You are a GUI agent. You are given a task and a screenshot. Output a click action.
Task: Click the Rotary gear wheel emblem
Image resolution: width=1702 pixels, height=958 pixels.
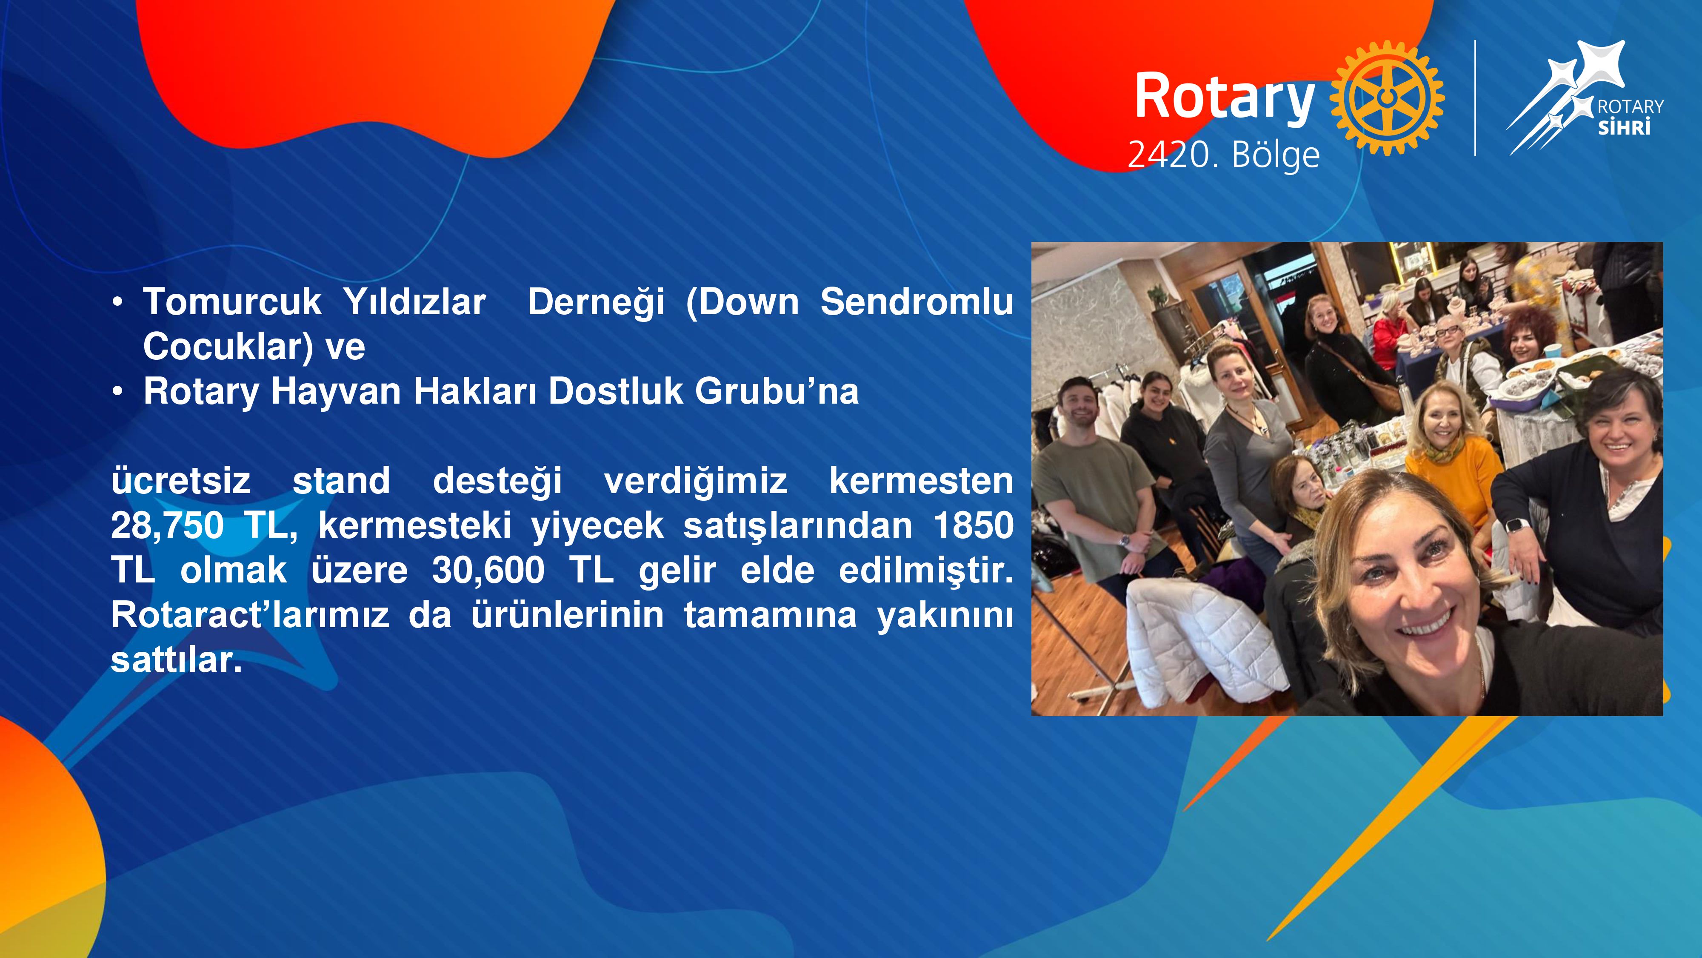click(1387, 98)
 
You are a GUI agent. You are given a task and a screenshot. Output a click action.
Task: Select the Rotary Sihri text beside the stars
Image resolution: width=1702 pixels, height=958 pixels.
click(1630, 117)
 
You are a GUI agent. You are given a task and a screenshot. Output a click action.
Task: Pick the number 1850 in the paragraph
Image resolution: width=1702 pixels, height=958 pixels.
click(973, 525)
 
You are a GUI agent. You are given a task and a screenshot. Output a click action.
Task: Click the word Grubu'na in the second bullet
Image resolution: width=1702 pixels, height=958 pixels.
click(777, 391)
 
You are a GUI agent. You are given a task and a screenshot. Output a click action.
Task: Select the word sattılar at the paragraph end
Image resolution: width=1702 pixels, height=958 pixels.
click(177, 660)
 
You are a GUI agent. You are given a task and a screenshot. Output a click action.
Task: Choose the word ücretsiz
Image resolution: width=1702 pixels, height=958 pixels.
click(181, 481)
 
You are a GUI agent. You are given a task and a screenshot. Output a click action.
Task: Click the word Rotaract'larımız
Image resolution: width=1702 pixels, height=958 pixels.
click(250, 615)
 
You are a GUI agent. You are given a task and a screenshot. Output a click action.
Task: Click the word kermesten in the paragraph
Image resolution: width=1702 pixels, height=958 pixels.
click(921, 481)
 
